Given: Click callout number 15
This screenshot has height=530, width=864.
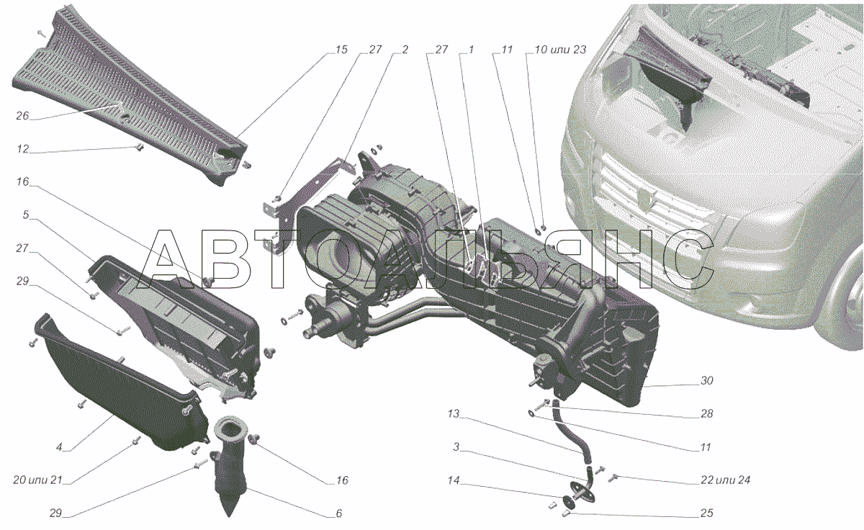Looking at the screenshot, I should click(x=341, y=50).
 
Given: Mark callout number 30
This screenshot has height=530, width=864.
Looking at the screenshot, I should click(x=706, y=381).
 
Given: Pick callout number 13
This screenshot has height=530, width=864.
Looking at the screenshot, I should click(x=452, y=414).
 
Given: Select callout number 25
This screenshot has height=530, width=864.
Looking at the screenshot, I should click(x=706, y=513).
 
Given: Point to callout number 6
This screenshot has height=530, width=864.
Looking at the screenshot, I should click(x=338, y=513).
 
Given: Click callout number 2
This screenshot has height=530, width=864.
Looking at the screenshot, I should click(x=405, y=50).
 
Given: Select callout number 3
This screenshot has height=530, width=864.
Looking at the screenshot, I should click(x=456, y=447).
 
